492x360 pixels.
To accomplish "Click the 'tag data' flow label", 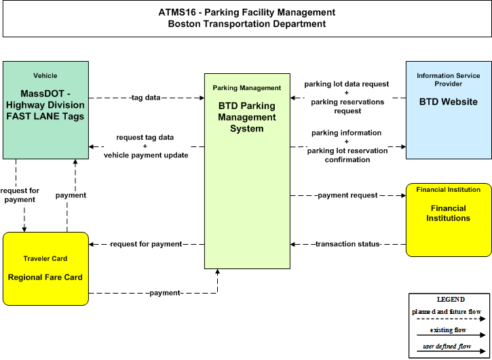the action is coord(146,98).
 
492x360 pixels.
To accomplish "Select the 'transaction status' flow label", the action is coord(347,244).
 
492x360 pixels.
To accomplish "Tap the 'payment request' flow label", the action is coord(347,195).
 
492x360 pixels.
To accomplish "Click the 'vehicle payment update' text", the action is coord(146,155).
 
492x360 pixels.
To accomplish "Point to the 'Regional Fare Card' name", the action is coord(45,277).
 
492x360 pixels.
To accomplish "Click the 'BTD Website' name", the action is coord(449,102).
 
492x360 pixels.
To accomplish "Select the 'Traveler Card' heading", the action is coord(45,258).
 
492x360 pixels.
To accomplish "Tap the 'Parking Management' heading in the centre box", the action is coord(247,88).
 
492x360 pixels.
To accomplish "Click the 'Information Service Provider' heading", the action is coord(449,79).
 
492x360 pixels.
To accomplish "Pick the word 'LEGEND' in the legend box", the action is coord(451,300).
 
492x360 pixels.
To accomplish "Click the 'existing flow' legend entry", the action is coord(448,330).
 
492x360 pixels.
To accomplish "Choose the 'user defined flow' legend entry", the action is coord(447,346).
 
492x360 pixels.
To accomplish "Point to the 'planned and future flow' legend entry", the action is coord(447,312).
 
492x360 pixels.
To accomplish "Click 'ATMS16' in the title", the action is coord(177,12).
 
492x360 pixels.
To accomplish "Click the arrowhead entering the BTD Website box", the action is coord(403,146).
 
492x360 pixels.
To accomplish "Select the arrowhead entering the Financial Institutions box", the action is coord(403,195).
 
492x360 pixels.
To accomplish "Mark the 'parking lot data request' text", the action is coord(347,84).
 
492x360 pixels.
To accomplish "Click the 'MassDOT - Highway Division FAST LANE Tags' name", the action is coord(45,105).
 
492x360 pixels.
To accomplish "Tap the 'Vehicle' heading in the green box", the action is coord(45,75).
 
